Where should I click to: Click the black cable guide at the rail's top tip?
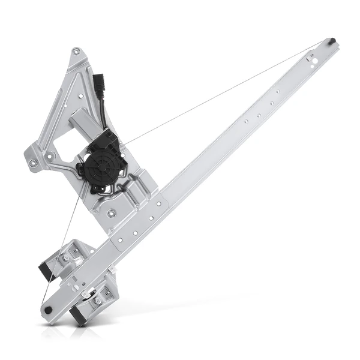click(x=332, y=41)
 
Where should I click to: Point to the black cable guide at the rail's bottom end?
click(x=48, y=310)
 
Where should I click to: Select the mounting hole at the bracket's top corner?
click(x=76, y=53)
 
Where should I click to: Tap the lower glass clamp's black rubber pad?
click(x=78, y=314)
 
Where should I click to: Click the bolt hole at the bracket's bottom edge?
click(x=110, y=212)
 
